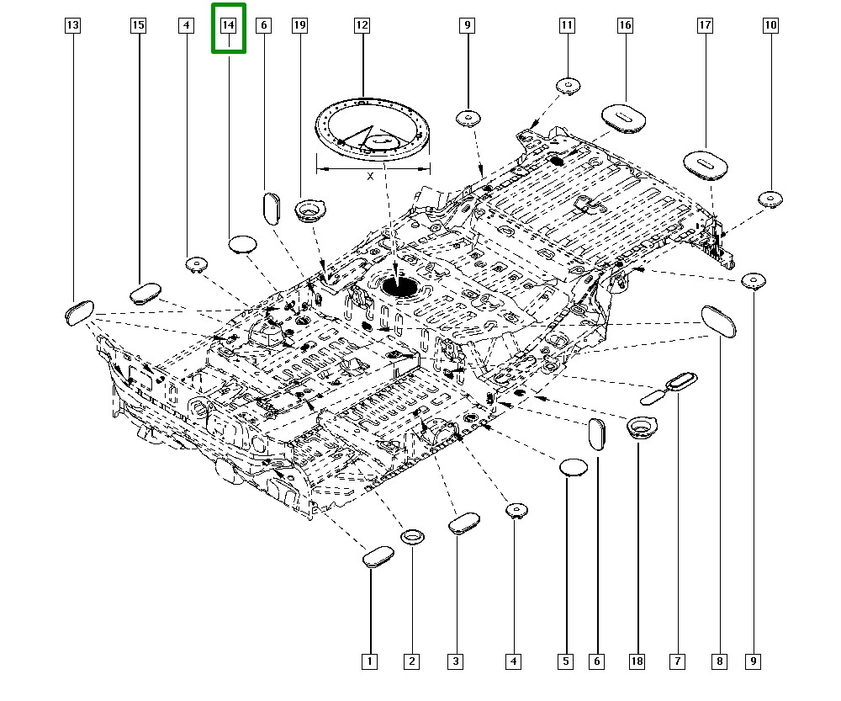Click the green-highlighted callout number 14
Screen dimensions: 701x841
tap(228, 26)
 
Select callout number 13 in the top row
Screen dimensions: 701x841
tap(73, 26)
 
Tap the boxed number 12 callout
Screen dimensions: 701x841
tap(361, 26)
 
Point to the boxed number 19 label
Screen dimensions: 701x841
tap(299, 26)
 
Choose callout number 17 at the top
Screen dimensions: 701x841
tap(705, 26)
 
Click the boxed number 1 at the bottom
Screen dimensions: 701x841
tap(368, 661)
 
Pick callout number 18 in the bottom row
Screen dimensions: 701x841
tap(637, 661)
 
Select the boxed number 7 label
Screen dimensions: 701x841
tap(677, 661)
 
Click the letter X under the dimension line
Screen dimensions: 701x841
tap(371, 177)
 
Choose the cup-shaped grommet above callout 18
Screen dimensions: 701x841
tap(642, 427)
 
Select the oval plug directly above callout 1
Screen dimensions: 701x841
tap(378, 556)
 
